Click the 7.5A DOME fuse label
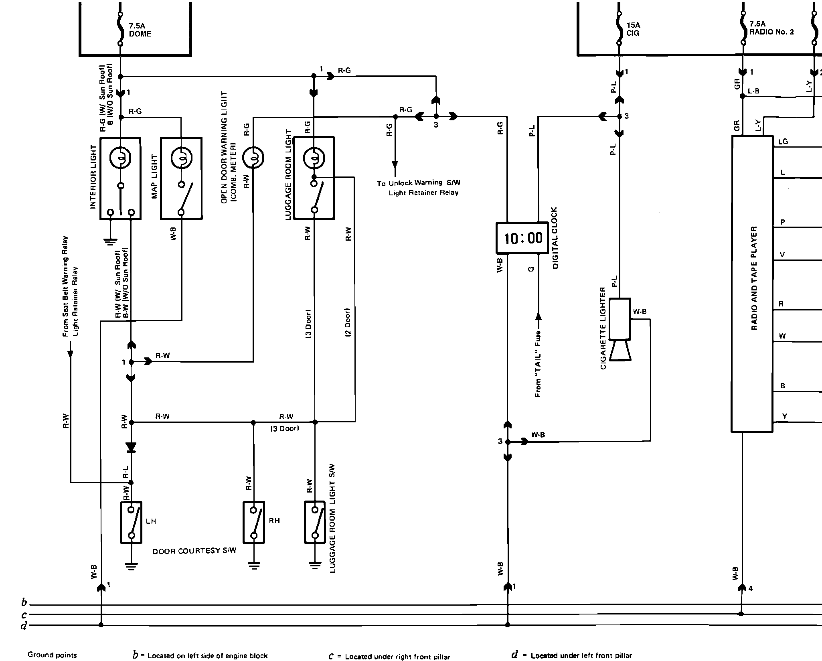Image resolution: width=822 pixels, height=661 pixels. (140, 30)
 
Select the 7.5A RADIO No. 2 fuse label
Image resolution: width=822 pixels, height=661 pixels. (771, 28)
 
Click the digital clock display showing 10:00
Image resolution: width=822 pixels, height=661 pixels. (522, 238)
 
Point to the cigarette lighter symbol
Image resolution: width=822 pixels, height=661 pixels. (620, 329)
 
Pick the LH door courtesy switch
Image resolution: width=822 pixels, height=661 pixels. (131, 522)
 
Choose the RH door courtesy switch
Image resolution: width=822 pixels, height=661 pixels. (253, 522)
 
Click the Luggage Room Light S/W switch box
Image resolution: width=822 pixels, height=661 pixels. (315, 522)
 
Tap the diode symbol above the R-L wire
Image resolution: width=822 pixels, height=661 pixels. (131, 447)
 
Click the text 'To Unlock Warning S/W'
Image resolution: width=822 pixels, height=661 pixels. (418, 183)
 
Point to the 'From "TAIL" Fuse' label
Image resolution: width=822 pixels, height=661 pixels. (538, 363)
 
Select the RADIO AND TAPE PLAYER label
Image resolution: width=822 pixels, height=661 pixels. (754, 278)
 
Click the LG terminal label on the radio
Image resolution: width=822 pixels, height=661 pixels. (783, 142)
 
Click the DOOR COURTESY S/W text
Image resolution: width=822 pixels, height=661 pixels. (194, 551)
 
